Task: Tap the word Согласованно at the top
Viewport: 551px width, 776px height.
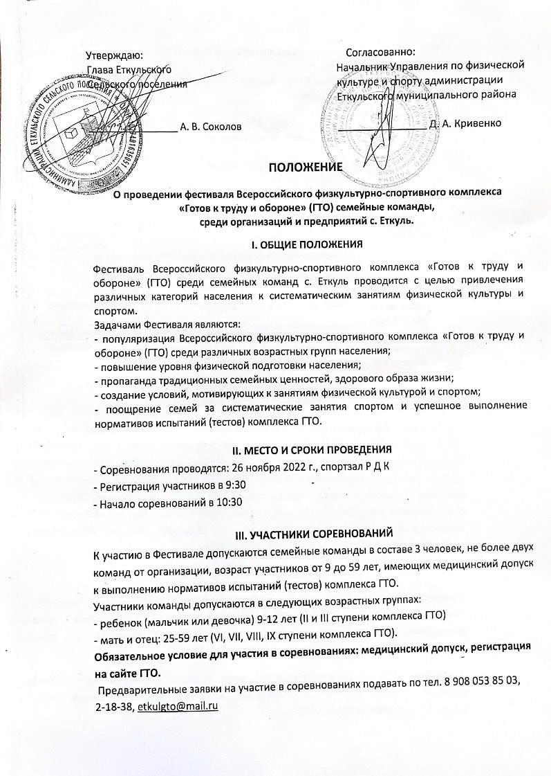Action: click(x=381, y=52)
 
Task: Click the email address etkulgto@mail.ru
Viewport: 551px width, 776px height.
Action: click(x=178, y=705)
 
